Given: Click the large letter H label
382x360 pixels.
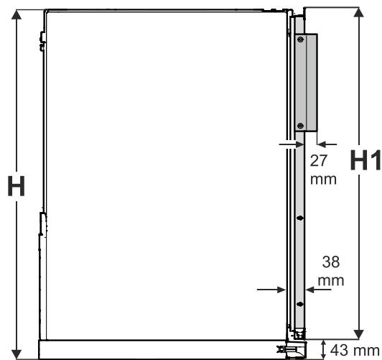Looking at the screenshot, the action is point(17,186).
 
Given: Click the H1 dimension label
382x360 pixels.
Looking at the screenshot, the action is point(365,160).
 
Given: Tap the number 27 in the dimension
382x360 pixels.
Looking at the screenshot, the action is point(318,161).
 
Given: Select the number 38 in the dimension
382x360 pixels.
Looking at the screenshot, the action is point(331,262).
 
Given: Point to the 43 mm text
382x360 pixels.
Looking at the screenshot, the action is point(355,350).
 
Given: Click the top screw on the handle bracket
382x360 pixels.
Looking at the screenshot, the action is point(301,40).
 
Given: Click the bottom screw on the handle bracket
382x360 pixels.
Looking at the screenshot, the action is point(301,126).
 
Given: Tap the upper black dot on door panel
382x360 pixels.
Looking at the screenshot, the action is point(300,218).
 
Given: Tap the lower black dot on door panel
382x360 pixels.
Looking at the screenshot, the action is point(300,304).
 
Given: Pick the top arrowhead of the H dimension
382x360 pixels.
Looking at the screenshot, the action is point(17,15).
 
